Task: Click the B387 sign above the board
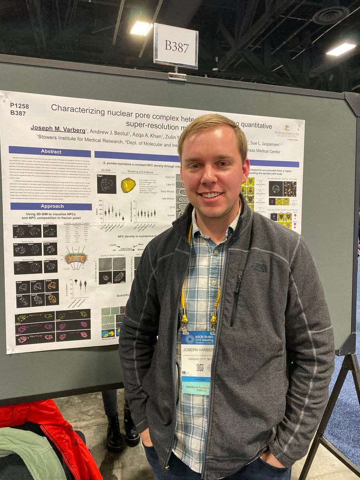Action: (176, 46)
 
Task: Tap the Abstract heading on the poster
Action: (51, 152)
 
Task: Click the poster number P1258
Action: (20, 106)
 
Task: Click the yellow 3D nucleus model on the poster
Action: (128, 185)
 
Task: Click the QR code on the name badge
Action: (200, 367)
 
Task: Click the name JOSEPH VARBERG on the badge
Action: (198, 348)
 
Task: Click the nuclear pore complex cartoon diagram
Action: (76, 258)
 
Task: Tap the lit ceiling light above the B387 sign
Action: (141, 28)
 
